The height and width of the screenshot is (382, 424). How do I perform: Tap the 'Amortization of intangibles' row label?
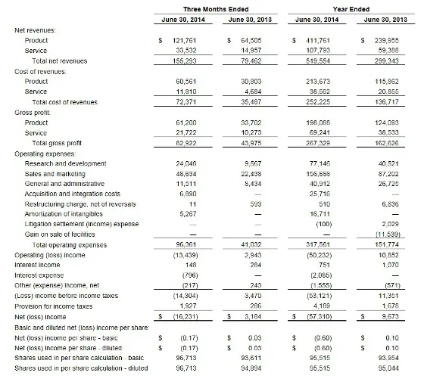coord(64,213)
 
